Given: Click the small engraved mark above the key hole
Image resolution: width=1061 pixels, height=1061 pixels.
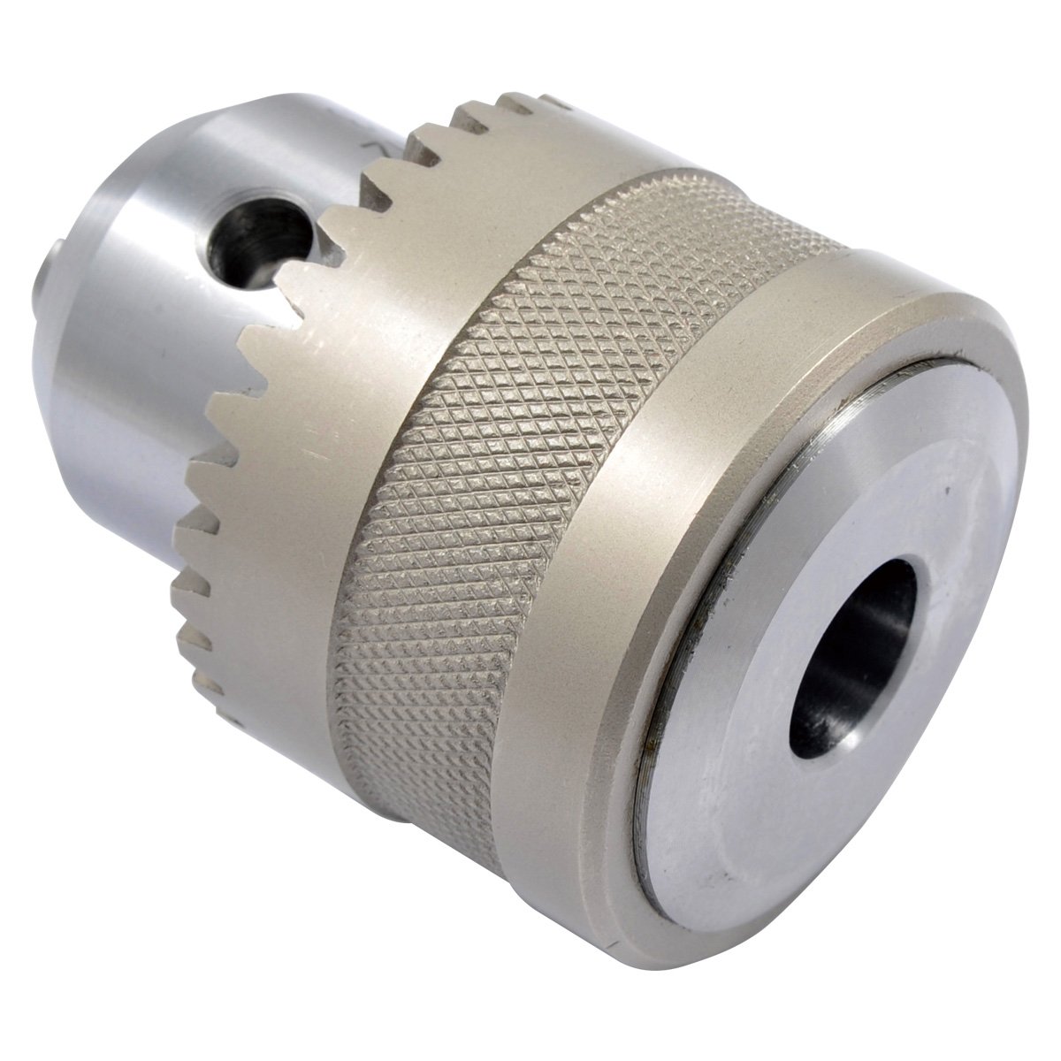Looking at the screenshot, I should coord(377,147).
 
